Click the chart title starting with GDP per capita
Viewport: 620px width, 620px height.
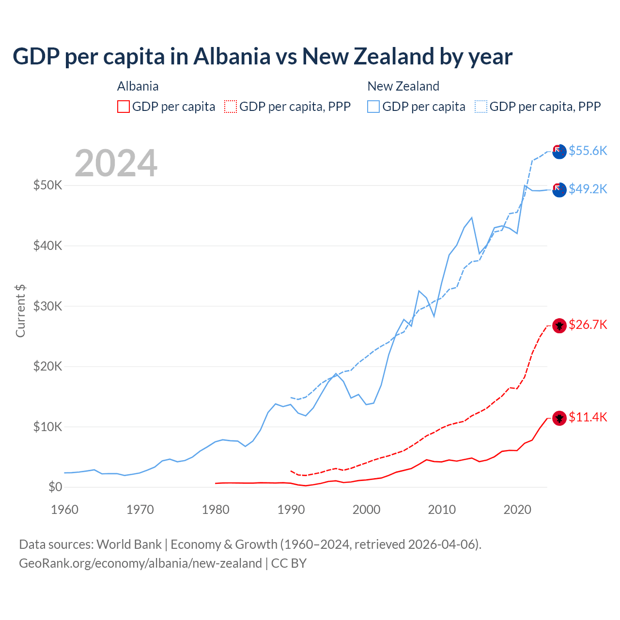click(x=262, y=57)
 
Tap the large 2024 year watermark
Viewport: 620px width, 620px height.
click(x=116, y=163)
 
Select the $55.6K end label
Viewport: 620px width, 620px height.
click(x=588, y=151)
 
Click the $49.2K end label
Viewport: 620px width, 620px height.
click(x=588, y=189)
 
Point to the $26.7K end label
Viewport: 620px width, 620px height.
click(x=588, y=325)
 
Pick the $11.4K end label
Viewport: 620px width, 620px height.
click(x=588, y=417)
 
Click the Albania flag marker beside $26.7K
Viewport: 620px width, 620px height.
click(x=559, y=325)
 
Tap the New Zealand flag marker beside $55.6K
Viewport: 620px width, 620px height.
click(x=559, y=152)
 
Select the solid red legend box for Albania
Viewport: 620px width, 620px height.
click(x=124, y=107)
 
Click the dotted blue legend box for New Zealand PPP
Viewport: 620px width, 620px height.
click(x=481, y=107)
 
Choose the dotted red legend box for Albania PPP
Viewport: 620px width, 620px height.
click(x=231, y=107)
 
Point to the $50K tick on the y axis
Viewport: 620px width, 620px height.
click(x=47, y=185)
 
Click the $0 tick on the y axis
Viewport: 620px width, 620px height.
click(x=55, y=487)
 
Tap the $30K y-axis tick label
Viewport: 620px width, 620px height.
click(x=47, y=306)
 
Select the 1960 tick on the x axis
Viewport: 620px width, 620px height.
click(x=64, y=510)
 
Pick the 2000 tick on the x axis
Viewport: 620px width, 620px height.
click(x=366, y=510)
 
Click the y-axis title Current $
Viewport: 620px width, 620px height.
click(x=20, y=311)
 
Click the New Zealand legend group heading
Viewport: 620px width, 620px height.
click(x=403, y=86)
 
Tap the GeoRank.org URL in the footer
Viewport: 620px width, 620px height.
click(x=140, y=563)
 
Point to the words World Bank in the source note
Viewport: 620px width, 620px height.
click(x=129, y=544)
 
